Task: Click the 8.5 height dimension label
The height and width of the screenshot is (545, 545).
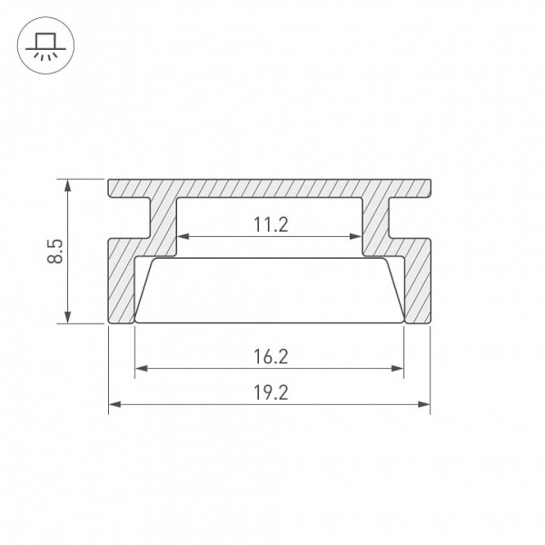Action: click(x=55, y=251)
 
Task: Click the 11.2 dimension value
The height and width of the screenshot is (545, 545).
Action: click(x=271, y=224)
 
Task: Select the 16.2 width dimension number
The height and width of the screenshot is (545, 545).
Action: click(x=271, y=357)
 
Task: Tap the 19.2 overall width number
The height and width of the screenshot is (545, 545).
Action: click(x=271, y=392)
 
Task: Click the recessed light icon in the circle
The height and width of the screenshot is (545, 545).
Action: click(x=45, y=47)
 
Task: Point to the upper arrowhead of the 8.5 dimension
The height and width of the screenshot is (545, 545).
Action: click(x=68, y=185)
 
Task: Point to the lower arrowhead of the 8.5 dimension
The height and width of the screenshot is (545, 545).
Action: click(x=68, y=317)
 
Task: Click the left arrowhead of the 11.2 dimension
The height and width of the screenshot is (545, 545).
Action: click(x=183, y=237)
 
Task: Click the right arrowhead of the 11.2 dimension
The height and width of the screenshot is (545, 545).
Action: click(x=355, y=237)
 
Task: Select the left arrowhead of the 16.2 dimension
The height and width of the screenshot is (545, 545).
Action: click(x=141, y=369)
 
